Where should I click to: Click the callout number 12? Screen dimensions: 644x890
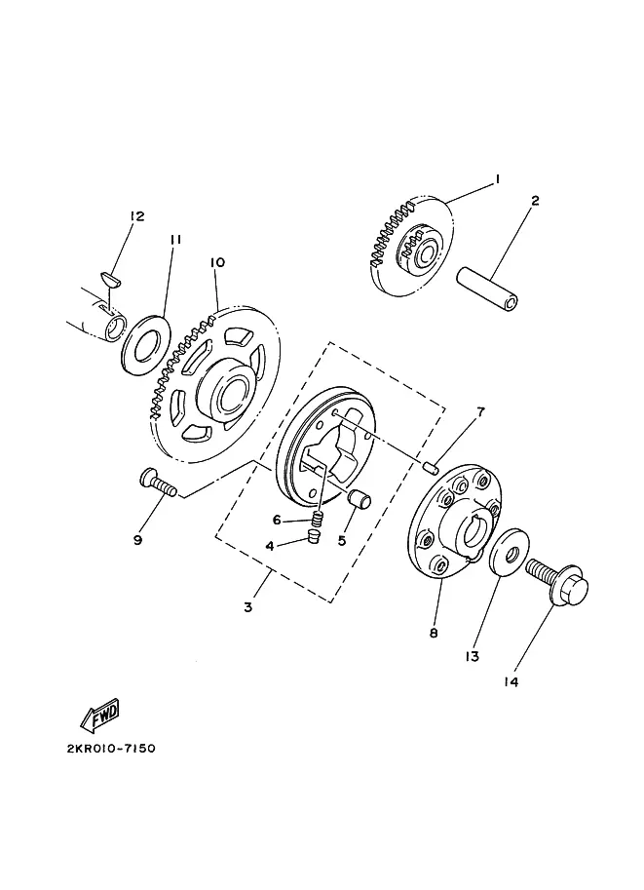click(136, 215)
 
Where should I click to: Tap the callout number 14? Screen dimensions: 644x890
click(511, 681)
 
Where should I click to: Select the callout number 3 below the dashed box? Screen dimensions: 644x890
click(247, 607)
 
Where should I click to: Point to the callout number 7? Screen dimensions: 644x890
click(480, 411)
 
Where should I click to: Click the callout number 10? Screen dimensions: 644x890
click(217, 262)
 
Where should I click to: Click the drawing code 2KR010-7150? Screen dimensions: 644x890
click(111, 748)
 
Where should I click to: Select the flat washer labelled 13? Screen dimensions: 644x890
click(509, 553)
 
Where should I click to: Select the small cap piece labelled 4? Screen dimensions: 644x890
click(313, 536)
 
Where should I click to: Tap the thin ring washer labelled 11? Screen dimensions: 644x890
click(146, 342)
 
